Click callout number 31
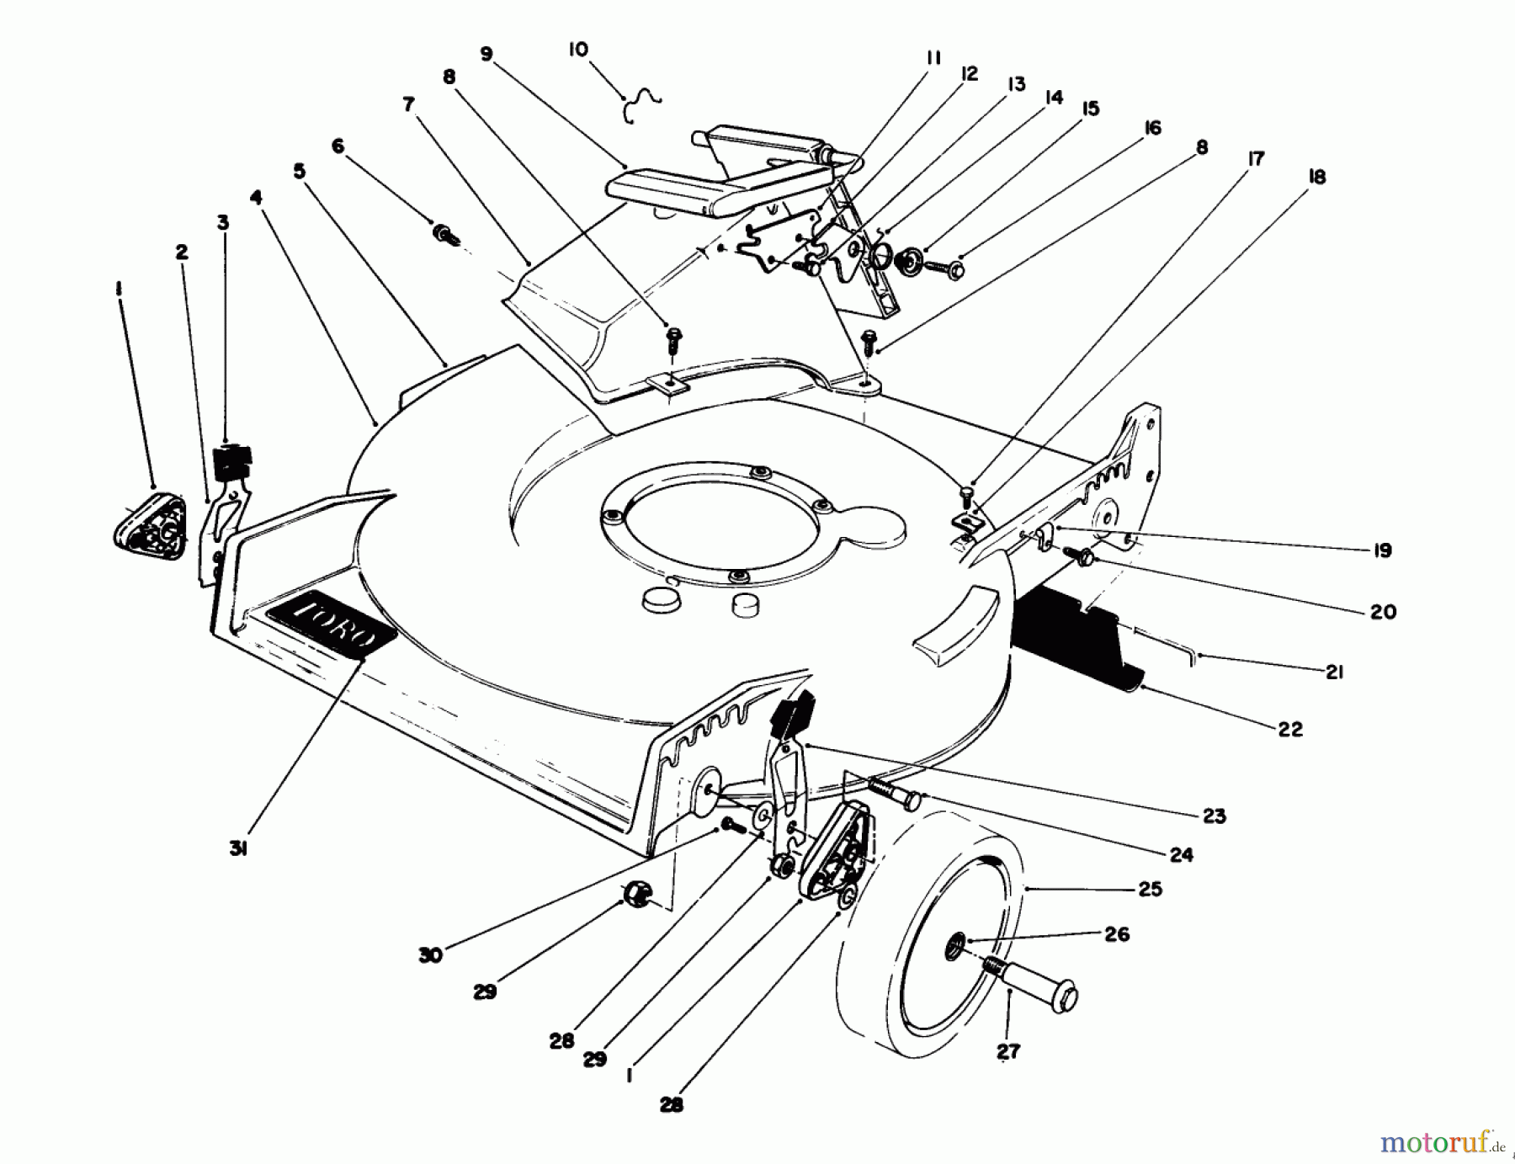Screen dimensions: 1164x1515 tap(238, 850)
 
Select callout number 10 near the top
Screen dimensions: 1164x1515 tap(578, 50)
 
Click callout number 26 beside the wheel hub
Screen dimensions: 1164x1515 tap(1117, 934)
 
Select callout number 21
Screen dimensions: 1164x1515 tap(1333, 672)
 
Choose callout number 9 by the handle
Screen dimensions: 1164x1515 tap(486, 54)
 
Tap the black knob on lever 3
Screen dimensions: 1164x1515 tap(232, 460)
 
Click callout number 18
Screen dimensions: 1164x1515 tap(1317, 178)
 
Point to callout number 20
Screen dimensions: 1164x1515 tap(1383, 612)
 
